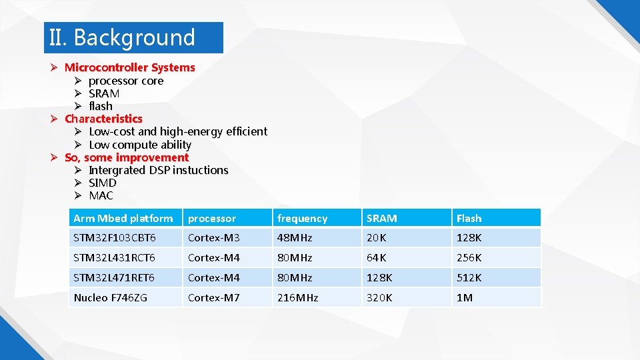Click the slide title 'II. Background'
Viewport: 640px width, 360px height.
pyautogui.click(x=122, y=38)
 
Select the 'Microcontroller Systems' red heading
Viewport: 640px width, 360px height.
pyautogui.click(x=129, y=67)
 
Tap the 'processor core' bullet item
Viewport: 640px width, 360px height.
pyautogui.click(x=126, y=81)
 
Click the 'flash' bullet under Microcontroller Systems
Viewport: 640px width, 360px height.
pyautogui.click(x=101, y=106)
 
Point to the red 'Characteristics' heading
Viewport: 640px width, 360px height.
pyautogui.click(x=103, y=119)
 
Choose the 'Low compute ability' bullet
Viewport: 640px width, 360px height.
pyautogui.click(x=140, y=145)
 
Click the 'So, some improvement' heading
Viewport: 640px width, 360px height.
pyautogui.click(x=127, y=157)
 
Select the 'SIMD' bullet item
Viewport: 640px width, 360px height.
pyautogui.click(x=103, y=183)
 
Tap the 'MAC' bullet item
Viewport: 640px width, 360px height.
pyautogui.click(x=101, y=195)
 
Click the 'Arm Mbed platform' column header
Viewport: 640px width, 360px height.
pyautogui.click(x=123, y=218)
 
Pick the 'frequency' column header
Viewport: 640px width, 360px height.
pyautogui.click(x=302, y=218)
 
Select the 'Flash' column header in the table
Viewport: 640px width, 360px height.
pyautogui.click(x=469, y=218)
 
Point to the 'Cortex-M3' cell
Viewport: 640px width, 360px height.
pyautogui.click(x=213, y=238)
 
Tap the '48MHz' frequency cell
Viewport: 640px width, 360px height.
pyautogui.click(x=295, y=238)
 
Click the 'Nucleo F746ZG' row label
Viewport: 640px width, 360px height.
pyautogui.click(x=111, y=297)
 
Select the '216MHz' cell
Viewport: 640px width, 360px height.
pyautogui.click(x=297, y=297)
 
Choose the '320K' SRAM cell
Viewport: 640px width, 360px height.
pyautogui.click(x=379, y=297)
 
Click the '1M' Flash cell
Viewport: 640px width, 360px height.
pyautogui.click(x=464, y=297)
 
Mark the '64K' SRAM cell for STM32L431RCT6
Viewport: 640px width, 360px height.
pyautogui.click(x=377, y=257)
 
